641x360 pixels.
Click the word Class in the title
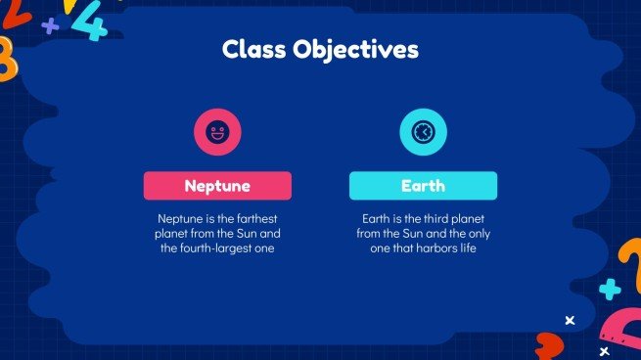(x=253, y=49)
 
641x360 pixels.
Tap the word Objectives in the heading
(x=355, y=50)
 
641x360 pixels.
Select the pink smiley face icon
(x=217, y=132)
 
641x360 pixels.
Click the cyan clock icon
(x=423, y=132)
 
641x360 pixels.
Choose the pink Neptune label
(x=217, y=186)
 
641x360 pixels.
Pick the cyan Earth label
(x=423, y=186)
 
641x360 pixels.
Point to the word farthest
(x=256, y=218)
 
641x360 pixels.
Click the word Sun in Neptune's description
(x=248, y=234)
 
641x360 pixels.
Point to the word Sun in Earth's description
(x=413, y=234)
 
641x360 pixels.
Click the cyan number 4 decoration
(x=91, y=22)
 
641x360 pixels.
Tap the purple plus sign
(x=50, y=25)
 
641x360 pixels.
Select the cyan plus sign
(x=610, y=289)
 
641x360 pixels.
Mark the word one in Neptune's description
(x=264, y=248)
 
